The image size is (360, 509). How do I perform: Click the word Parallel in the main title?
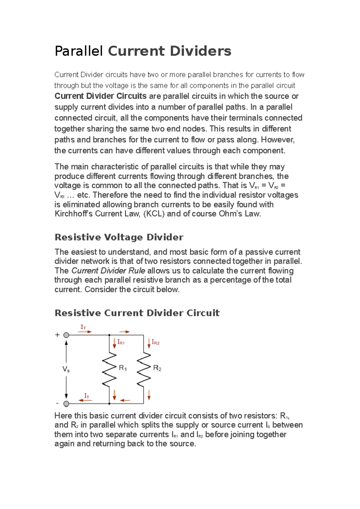point(79,51)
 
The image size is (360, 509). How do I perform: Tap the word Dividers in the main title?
point(200,51)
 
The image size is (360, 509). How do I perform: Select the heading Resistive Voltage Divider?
point(119,237)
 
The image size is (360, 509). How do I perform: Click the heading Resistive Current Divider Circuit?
point(137,313)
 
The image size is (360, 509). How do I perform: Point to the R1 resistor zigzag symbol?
point(109,369)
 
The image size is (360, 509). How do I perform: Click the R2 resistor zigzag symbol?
point(144,369)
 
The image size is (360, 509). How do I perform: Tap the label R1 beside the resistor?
point(123,368)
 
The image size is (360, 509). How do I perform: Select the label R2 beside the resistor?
point(157,368)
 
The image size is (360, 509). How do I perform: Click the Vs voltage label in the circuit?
point(66,369)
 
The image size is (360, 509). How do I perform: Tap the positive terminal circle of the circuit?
point(66,335)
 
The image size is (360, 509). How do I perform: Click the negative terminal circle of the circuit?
point(66,404)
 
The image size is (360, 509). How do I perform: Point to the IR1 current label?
point(121,342)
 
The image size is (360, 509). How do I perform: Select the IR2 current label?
point(155,342)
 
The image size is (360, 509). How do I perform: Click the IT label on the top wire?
point(83,327)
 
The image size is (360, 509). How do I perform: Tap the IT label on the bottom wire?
point(87,396)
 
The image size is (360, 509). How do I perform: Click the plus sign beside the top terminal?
point(57,335)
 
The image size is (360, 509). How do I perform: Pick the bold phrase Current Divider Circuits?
point(100,96)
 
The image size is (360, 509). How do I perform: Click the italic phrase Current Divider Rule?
point(108,271)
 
